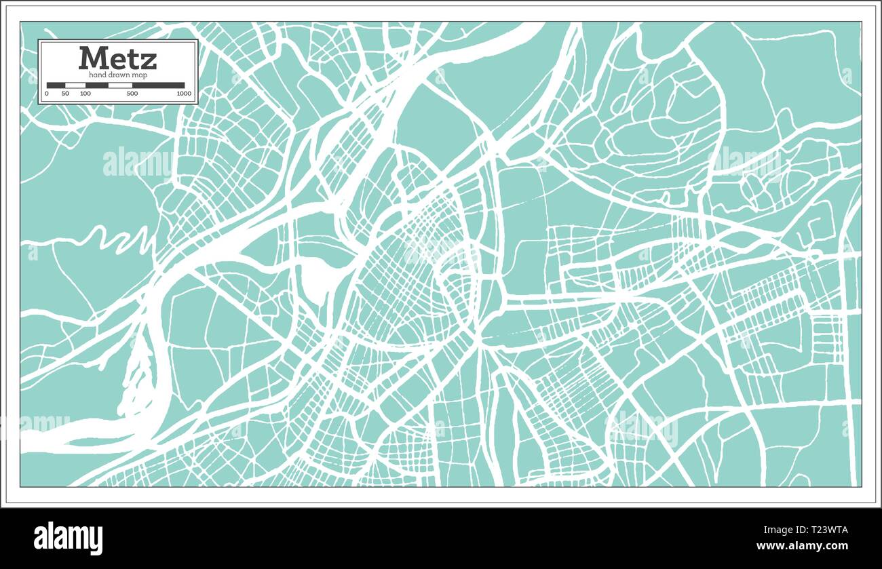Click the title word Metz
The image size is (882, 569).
[117, 58]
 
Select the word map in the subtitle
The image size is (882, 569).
[140, 75]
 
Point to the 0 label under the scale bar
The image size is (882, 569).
[47, 94]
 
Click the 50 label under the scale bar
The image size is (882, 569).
[65, 94]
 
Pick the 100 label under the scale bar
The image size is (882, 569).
[85, 94]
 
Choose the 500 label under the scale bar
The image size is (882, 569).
[132, 94]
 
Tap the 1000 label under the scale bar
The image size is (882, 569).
[183, 94]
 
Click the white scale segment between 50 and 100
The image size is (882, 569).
[75, 85]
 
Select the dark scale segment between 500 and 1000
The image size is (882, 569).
[158, 85]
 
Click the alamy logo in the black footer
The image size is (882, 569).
[69, 538]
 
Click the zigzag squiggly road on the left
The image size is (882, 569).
[119, 239]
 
